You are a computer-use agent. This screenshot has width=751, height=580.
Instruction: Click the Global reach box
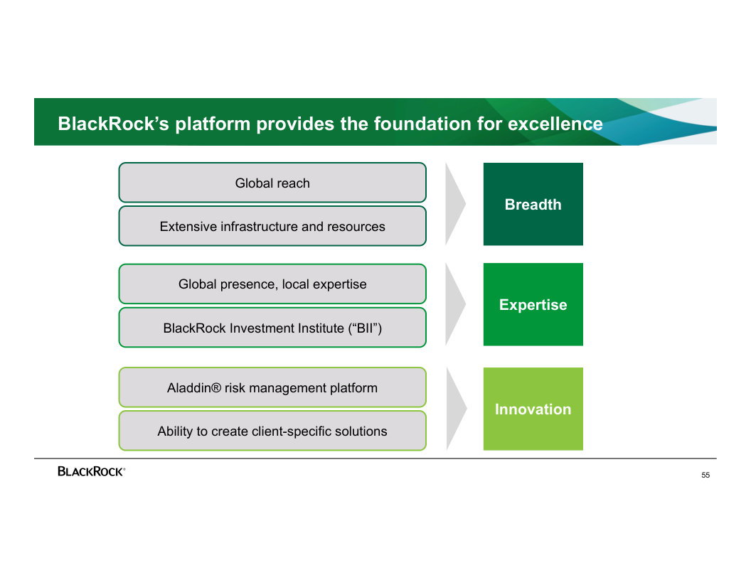pyautogui.click(x=272, y=183)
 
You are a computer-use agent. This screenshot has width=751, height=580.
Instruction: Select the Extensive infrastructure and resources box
pyautogui.click(x=272, y=226)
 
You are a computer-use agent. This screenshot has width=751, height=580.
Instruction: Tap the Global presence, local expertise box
pyautogui.click(x=272, y=284)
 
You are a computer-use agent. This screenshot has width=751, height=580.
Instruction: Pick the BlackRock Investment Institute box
pyautogui.click(x=272, y=328)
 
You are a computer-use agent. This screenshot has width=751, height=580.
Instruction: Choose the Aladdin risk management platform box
pyautogui.click(x=272, y=387)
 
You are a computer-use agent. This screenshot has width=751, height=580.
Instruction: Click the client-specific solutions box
pyautogui.click(x=272, y=431)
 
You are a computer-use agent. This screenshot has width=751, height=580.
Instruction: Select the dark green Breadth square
pyautogui.click(x=533, y=204)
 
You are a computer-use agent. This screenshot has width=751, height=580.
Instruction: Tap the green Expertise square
pyautogui.click(x=533, y=304)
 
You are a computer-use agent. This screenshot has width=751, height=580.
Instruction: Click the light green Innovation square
pyautogui.click(x=533, y=409)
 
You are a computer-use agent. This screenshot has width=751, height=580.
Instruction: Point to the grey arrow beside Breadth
pyautogui.click(x=454, y=204)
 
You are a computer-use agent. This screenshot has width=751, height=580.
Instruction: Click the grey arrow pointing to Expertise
pyautogui.click(x=454, y=304)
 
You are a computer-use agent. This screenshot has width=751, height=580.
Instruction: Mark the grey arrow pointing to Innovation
pyautogui.click(x=455, y=409)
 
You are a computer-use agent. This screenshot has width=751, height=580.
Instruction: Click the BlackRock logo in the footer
pyautogui.click(x=91, y=471)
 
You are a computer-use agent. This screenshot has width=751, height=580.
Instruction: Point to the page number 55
pyautogui.click(x=705, y=475)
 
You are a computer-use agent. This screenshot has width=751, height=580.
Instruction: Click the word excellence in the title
pyautogui.click(x=555, y=124)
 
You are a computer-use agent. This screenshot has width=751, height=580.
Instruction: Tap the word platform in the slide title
pyautogui.click(x=213, y=124)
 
